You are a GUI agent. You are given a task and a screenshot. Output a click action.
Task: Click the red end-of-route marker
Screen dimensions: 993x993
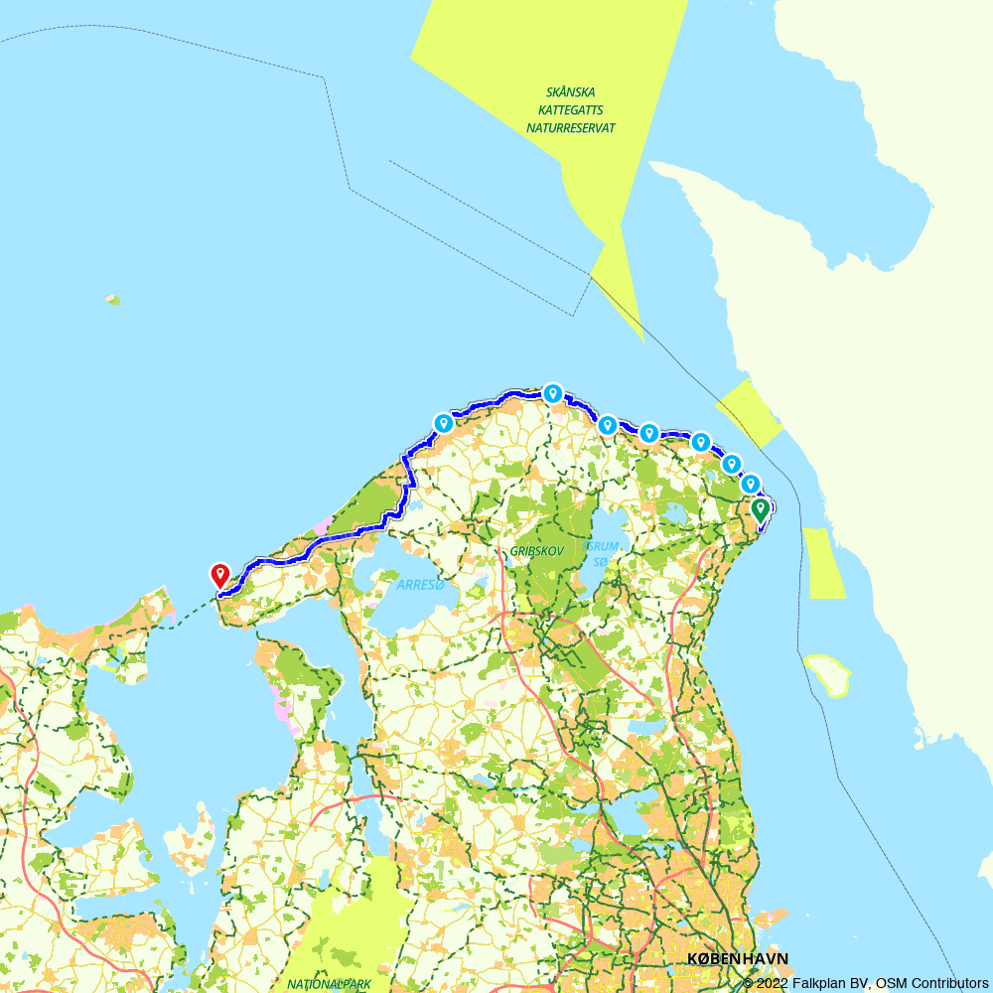(218, 574)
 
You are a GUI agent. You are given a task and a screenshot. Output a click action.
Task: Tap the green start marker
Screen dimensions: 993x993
(760, 510)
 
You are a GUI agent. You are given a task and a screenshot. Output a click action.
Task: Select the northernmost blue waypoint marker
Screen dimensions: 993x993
(552, 393)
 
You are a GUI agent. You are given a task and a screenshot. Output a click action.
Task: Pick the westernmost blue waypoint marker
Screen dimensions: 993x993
(443, 423)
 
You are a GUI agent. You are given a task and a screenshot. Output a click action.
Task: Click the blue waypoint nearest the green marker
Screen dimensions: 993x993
(751, 484)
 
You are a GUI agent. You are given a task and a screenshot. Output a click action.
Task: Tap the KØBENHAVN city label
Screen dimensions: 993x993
(738, 958)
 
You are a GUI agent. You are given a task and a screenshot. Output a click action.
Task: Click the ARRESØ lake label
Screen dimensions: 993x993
(420, 585)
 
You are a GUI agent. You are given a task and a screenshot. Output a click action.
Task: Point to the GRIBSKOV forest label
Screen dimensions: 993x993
(536, 549)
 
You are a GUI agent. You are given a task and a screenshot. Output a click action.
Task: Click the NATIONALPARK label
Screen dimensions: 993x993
(329, 984)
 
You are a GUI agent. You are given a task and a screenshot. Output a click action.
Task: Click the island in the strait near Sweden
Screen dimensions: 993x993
(828, 674)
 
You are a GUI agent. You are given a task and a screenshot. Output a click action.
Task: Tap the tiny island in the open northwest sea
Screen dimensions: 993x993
(113, 299)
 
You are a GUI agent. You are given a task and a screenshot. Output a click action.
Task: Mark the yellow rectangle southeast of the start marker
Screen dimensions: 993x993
(823, 563)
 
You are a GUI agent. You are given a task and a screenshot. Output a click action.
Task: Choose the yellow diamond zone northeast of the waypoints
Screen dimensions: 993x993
(748, 412)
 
